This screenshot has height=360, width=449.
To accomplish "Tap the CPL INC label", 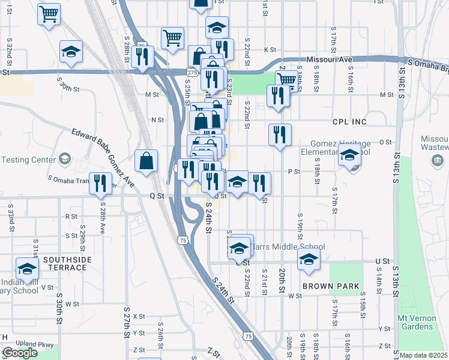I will click(349, 122).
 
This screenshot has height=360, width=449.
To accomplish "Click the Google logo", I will click(20, 353).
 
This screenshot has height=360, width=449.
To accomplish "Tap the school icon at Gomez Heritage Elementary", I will click(349, 156).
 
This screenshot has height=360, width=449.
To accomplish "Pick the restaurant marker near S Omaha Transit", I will click(100, 183).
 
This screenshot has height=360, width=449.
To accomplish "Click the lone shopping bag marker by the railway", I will click(146, 161).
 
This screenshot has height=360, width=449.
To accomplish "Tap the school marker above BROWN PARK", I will click(309, 259).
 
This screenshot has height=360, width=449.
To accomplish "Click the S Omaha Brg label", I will click(427, 62).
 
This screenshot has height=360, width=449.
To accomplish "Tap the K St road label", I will click(270, 50).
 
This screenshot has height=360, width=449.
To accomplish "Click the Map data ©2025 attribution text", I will click(423, 355).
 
